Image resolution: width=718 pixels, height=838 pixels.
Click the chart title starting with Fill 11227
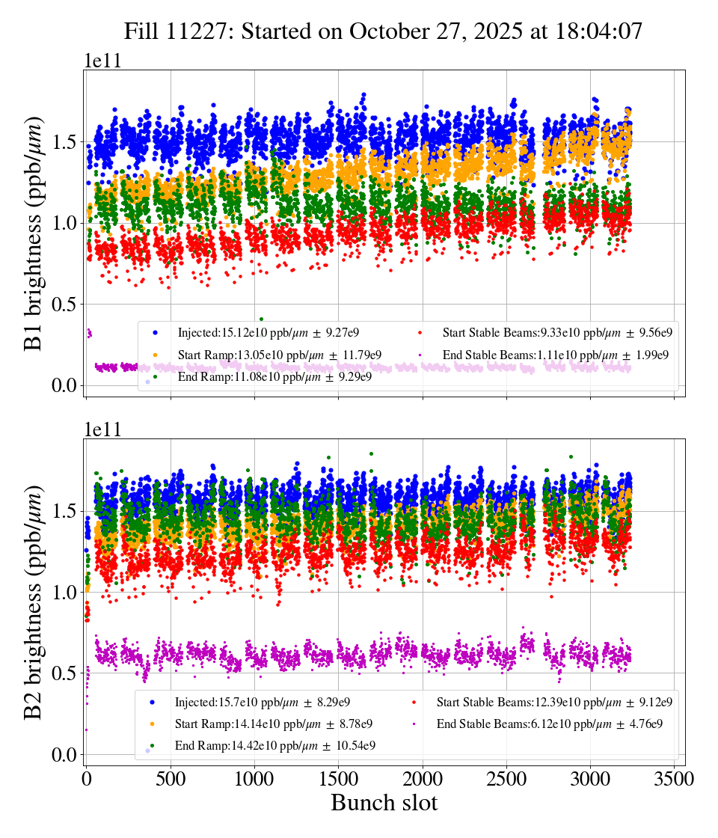384,31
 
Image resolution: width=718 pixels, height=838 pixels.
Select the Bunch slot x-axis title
384,804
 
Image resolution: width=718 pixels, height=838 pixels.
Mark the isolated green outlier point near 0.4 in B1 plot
261,319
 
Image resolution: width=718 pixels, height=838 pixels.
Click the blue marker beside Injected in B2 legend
152,703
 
